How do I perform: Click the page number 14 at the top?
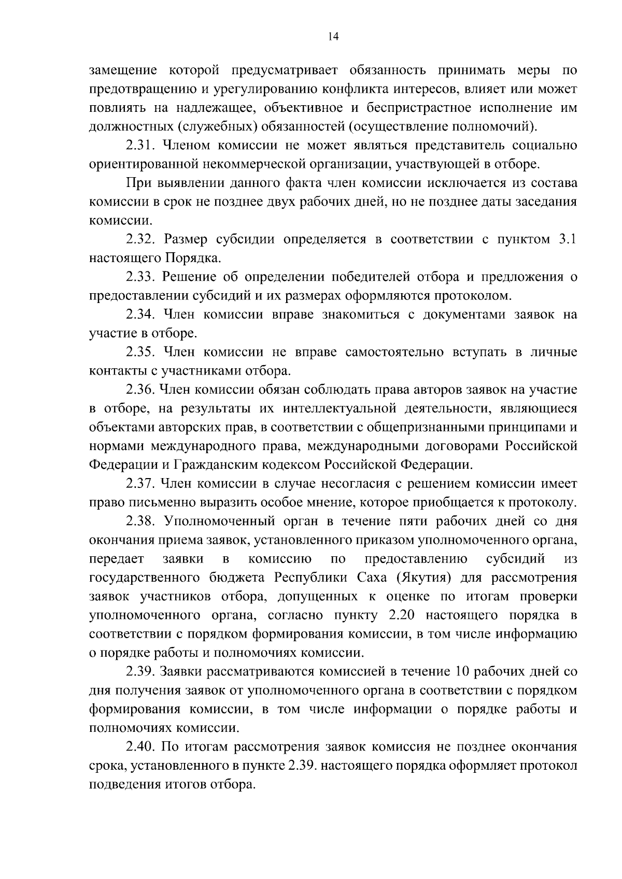point(333,36)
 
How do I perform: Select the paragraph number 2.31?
point(142,146)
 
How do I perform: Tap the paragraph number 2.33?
point(142,277)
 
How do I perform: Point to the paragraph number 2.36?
point(142,390)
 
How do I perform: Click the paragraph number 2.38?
point(142,522)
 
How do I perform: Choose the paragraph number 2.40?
point(142,747)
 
